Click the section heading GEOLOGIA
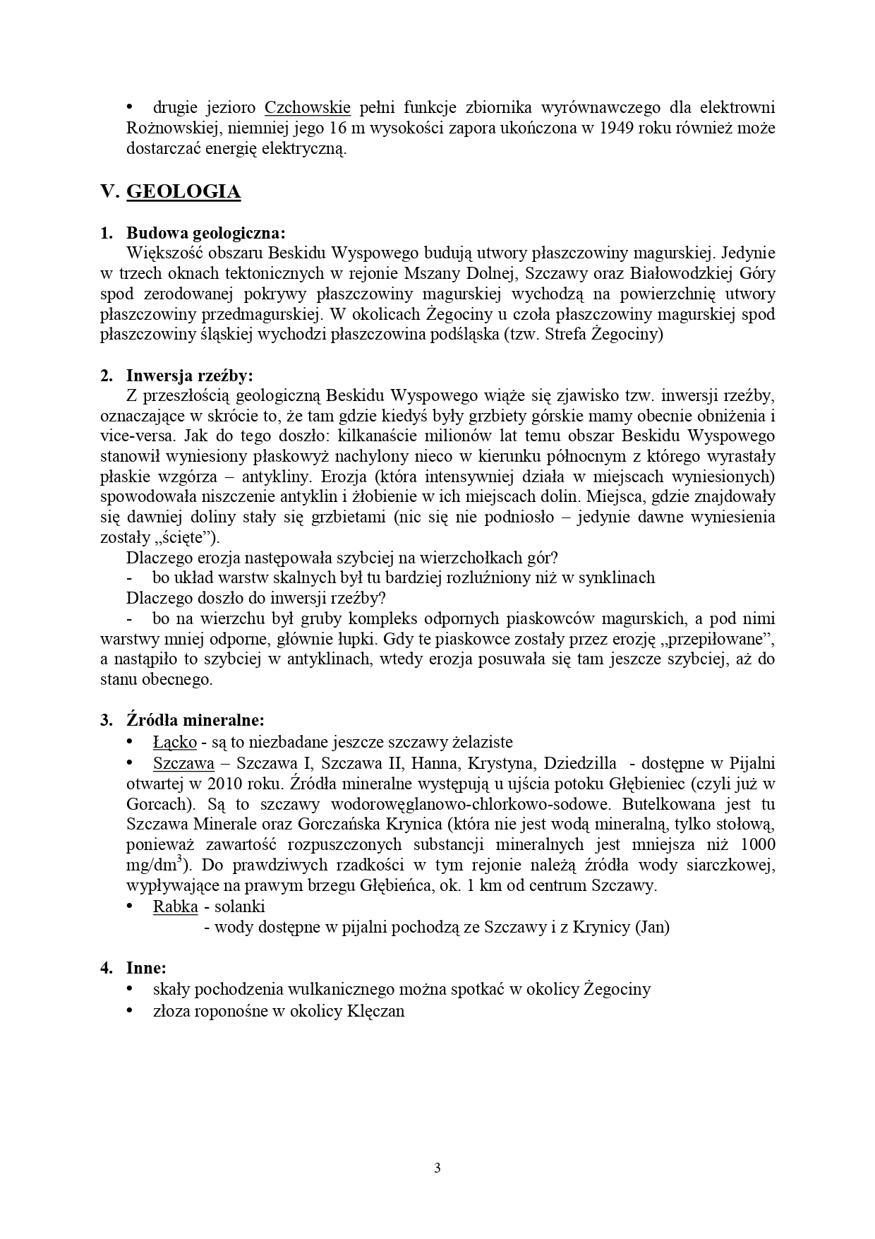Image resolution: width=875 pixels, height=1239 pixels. (x=183, y=192)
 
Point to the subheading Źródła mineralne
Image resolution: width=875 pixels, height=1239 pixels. (x=195, y=721)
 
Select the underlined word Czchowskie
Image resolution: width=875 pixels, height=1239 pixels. (x=308, y=108)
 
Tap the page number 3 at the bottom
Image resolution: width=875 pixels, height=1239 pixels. (x=437, y=1168)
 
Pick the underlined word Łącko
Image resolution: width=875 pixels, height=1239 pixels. (x=174, y=742)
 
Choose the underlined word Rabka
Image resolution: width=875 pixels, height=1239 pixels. (x=175, y=906)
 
